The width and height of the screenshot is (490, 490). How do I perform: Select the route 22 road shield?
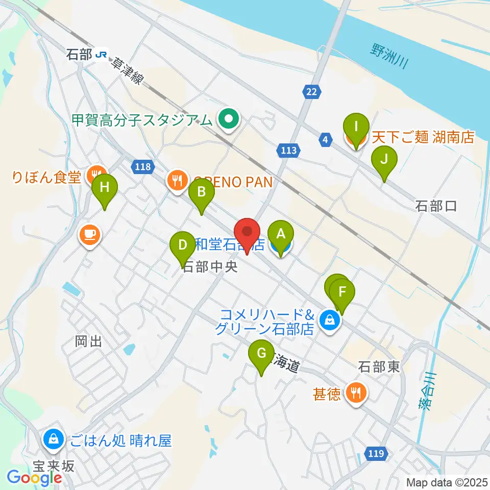[x=311, y=91]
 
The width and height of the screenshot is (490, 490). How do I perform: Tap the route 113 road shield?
[x=288, y=150]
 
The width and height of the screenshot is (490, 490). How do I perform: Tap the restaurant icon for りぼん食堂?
[x=95, y=174]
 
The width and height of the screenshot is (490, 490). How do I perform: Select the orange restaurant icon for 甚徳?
[x=355, y=392]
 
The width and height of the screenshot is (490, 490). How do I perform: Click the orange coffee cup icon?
[x=89, y=235]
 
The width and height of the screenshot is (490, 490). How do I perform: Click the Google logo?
[x=34, y=478]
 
